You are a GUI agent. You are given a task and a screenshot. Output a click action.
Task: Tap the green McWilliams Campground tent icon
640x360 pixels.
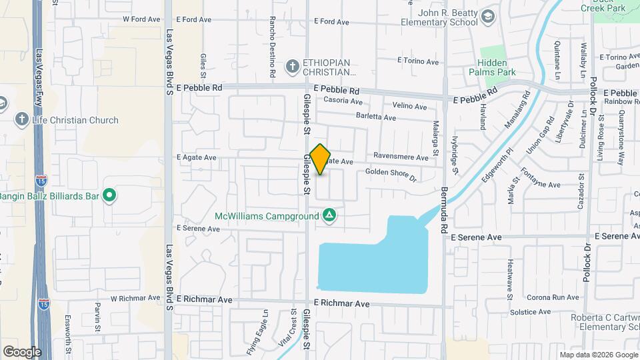tap(329, 215)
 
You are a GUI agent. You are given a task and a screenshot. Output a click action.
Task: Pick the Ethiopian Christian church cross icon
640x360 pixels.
tap(292, 66)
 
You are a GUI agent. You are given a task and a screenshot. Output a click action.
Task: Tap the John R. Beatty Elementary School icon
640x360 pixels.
tap(488, 17)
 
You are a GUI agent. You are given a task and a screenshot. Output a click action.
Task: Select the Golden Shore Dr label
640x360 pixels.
tap(391, 175)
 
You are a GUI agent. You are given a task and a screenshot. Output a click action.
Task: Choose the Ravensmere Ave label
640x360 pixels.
tap(401, 157)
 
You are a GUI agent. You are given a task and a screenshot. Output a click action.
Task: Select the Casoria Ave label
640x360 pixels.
tap(343, 102)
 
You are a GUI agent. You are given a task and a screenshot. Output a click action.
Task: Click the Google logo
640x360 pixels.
tap(21, 352)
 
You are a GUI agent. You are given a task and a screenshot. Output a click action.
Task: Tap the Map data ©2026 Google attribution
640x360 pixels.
tap(598, 355)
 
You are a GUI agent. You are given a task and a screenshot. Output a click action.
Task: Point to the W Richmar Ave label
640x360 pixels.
tap(135, 298)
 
